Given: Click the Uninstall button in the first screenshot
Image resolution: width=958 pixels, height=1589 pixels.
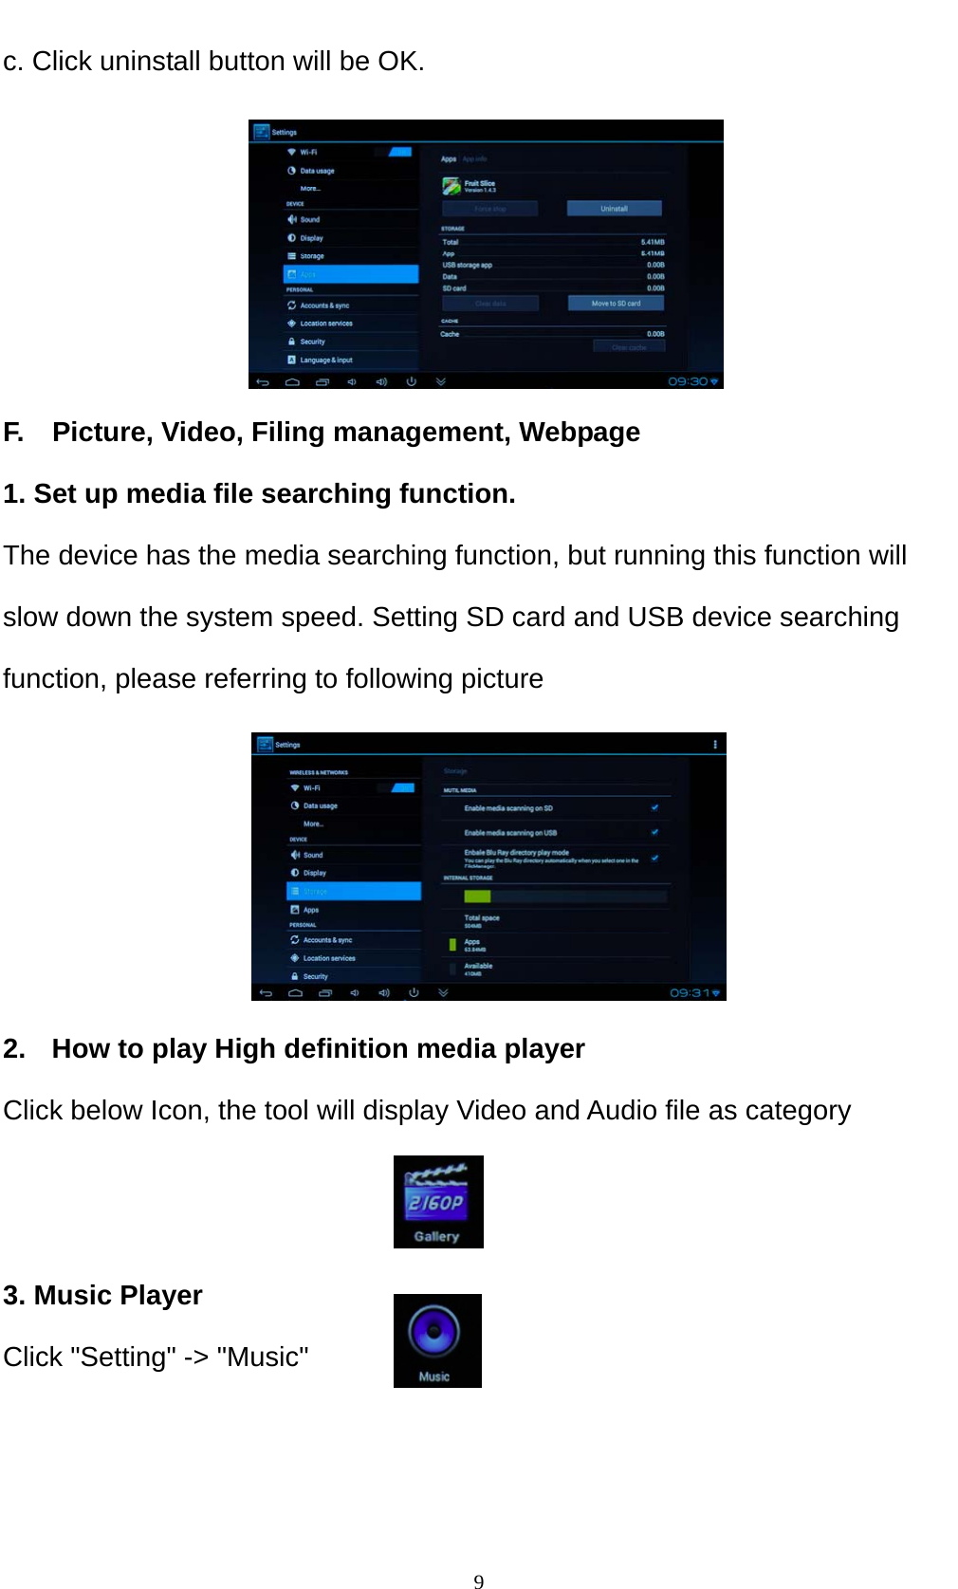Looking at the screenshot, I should [614, 209].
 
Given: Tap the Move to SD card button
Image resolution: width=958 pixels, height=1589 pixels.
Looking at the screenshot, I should [616, 304].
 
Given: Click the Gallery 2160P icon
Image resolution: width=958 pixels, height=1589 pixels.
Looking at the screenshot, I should [438, 1201].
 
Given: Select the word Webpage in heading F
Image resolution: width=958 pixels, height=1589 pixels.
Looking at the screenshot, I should [579, 433].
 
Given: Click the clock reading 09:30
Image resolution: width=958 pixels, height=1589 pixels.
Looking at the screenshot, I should [689, 381].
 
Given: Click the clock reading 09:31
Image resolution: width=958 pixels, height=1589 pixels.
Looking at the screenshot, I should [691, 993].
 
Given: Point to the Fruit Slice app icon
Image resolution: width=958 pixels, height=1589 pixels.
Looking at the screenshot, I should [451, 186].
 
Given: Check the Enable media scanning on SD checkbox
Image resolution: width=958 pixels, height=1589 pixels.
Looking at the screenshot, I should [654, 807].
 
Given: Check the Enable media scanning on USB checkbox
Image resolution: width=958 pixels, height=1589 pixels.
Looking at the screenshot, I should [654, 832].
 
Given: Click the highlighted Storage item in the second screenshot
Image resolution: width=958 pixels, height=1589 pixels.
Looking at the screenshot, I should [353, 892].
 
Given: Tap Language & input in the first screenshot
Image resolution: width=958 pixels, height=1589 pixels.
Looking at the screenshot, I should [325, 360].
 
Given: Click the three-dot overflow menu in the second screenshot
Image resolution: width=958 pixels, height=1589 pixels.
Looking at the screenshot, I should [715, 745].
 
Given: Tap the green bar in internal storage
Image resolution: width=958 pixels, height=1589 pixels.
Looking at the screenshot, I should [477, 896].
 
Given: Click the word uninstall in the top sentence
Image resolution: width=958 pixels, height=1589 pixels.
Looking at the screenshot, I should [150, 62].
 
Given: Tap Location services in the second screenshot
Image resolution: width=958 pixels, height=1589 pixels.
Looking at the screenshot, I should [328, 958].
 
